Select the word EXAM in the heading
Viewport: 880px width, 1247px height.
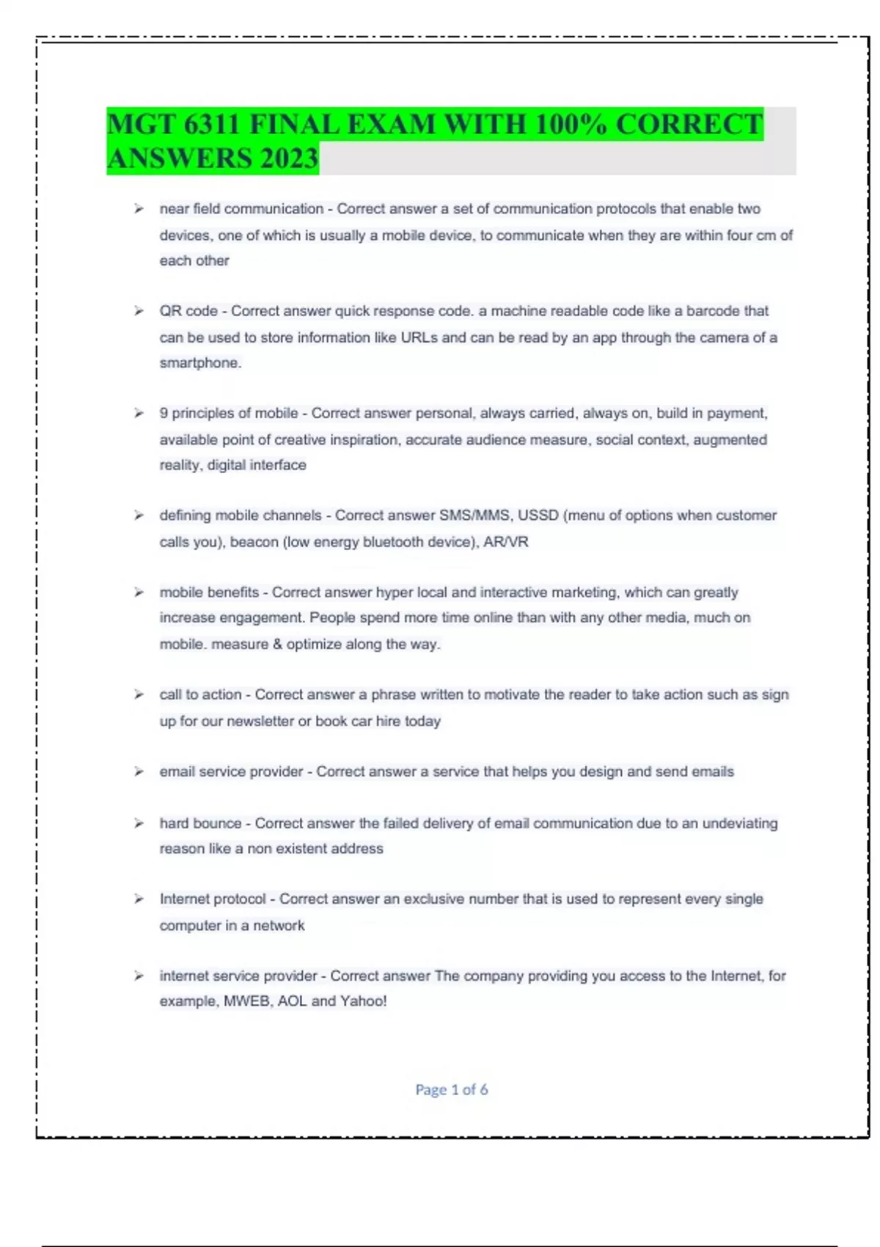point(390,125)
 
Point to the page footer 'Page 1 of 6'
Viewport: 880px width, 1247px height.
point(451,1089)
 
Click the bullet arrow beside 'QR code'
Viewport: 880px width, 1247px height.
point(139,311)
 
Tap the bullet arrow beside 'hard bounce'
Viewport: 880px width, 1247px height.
point(139,823)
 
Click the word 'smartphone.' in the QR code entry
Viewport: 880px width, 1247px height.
point(200,363)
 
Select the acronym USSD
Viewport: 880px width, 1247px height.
point(538,516)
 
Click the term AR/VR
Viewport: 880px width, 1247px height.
point(505,542)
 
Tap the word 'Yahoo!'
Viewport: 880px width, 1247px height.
point(362,1001)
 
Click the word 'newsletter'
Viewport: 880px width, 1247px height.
point(260,721)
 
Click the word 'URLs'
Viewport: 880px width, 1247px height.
point(419,337)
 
